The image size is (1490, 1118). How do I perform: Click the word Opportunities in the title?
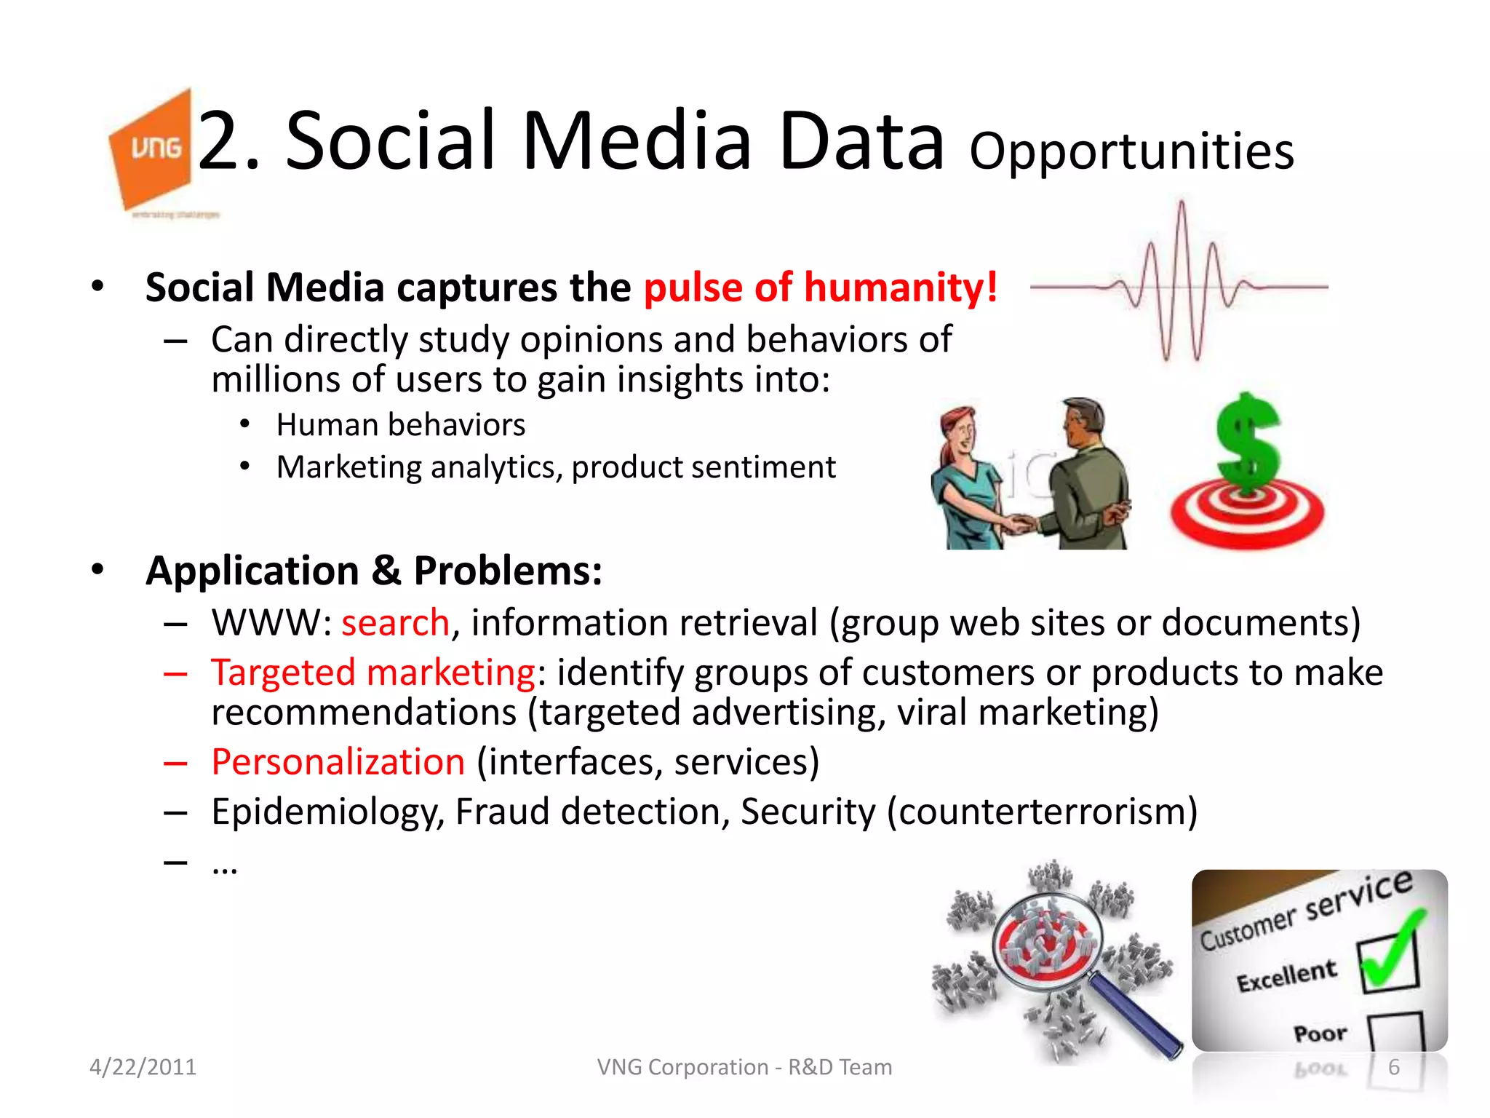(1131, 151)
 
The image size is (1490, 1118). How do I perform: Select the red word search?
(395, 623)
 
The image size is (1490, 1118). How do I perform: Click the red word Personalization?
(338, 762)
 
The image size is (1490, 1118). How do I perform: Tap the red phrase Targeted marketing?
(373, 672)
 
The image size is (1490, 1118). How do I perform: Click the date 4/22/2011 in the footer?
(143, 1067)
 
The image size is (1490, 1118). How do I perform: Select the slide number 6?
(1393, 1067)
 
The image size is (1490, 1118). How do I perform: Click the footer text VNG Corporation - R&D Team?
(744, 1067)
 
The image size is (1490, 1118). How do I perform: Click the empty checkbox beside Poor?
(1395, 1031)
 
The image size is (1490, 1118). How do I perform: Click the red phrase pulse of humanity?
(820, 287)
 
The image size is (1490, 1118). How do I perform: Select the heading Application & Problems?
(374, 570)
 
